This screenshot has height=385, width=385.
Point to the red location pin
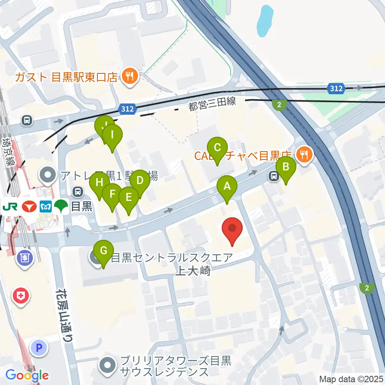tap(232, 230)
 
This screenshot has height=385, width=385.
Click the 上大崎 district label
tap(193, 271)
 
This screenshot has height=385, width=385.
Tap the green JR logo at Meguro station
tap(9, 207)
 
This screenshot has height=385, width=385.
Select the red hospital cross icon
tap(21, 297)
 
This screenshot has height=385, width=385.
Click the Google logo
tap(27, 376)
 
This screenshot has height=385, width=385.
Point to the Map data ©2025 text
tap(351, 379)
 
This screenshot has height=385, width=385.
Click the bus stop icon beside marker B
tap(274, 175)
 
